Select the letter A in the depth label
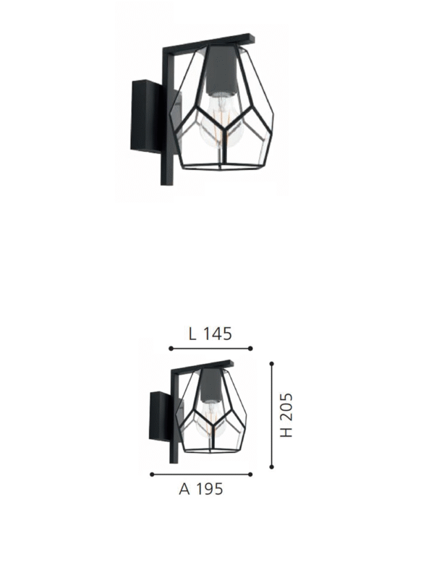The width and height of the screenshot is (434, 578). [x=184, y=489]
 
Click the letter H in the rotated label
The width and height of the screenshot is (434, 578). [x=286, y=431]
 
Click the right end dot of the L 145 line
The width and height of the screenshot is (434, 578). [x=250, y=349]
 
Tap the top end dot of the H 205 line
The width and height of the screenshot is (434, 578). [x=271, y=363]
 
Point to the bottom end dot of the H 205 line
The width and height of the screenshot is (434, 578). [x=271, y=467]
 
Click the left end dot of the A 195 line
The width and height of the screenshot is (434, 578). [x=151, y=475]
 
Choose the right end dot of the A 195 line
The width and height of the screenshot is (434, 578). [x=250, y=475]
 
